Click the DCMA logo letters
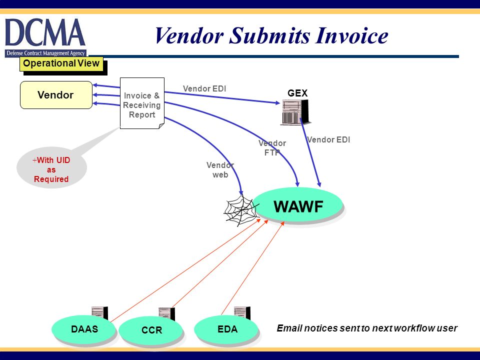click(45, 32)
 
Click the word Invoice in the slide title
click(351, 35)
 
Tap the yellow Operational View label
click(61, 63)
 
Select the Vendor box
click(56, 95)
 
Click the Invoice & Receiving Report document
click(142, 103)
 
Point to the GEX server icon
click(295, 112)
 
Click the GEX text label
click(297, 93)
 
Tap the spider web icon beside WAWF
click(240, 210)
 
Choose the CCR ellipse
click(151, 330)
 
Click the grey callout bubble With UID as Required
click(51, 168)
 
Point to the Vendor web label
click(220, 170)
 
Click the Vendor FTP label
click(272, 148)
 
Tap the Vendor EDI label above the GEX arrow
click(204, 89)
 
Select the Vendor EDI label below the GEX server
click(328, 140)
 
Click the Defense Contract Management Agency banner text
click(45, 53)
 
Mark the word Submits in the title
click(269, 35)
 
